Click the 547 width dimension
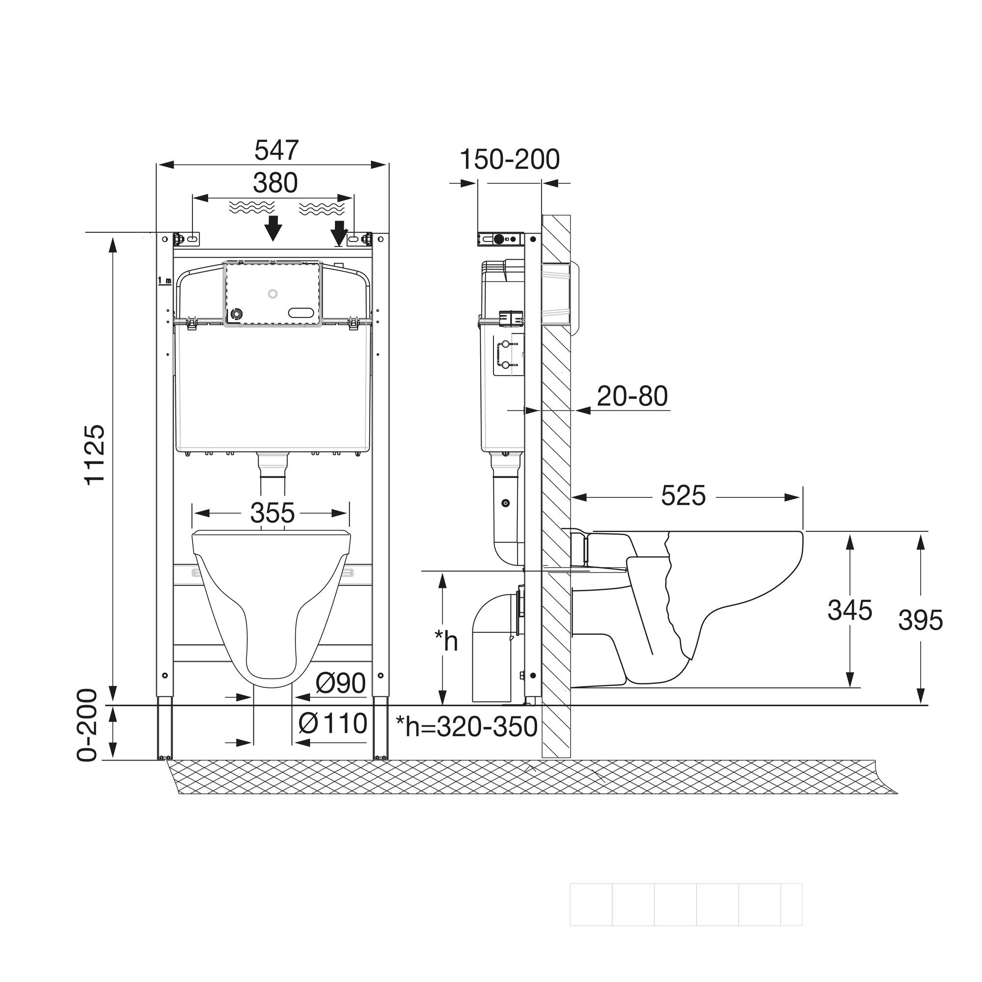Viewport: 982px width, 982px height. [x=276, y=150]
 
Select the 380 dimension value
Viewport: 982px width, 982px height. [x=275, y=183]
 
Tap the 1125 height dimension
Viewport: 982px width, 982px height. [x=95, y=456]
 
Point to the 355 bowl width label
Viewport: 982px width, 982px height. [x=272, y=513]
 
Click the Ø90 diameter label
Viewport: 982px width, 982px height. [x=340, y=683]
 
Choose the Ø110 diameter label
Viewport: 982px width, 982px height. [x=333, y=723]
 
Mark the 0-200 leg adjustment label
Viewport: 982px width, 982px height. [x=87, y=725]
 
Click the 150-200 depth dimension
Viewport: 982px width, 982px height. [x=509, y=160]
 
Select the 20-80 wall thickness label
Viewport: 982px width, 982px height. [x=632, y=396]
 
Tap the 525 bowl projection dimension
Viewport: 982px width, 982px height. [x=683, y=495]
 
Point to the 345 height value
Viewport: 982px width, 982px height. [x=849, y=610]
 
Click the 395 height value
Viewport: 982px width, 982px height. [x=921, y=620]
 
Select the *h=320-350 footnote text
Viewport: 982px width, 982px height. [x=466, y=727]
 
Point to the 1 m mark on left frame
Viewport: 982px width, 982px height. [x=164, y=280]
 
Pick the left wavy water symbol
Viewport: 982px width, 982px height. [x=251, y=207]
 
